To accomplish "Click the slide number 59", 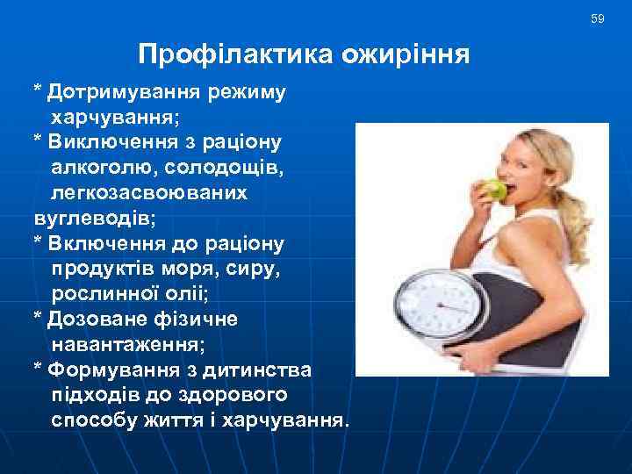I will coord(598,18).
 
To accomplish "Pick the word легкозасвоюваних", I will coord(149,190).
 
